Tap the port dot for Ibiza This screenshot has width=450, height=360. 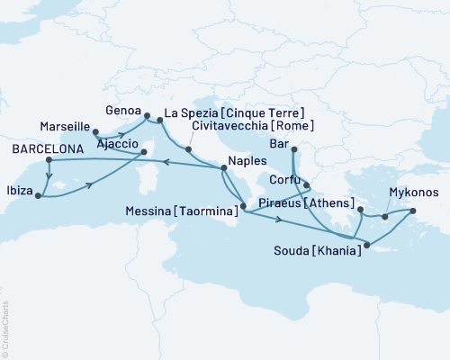tap(37, 194)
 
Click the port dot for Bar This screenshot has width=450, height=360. tap(294, 150)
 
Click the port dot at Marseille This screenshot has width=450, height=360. tap(94, 132)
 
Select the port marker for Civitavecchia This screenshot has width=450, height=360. tap(188, 147)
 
